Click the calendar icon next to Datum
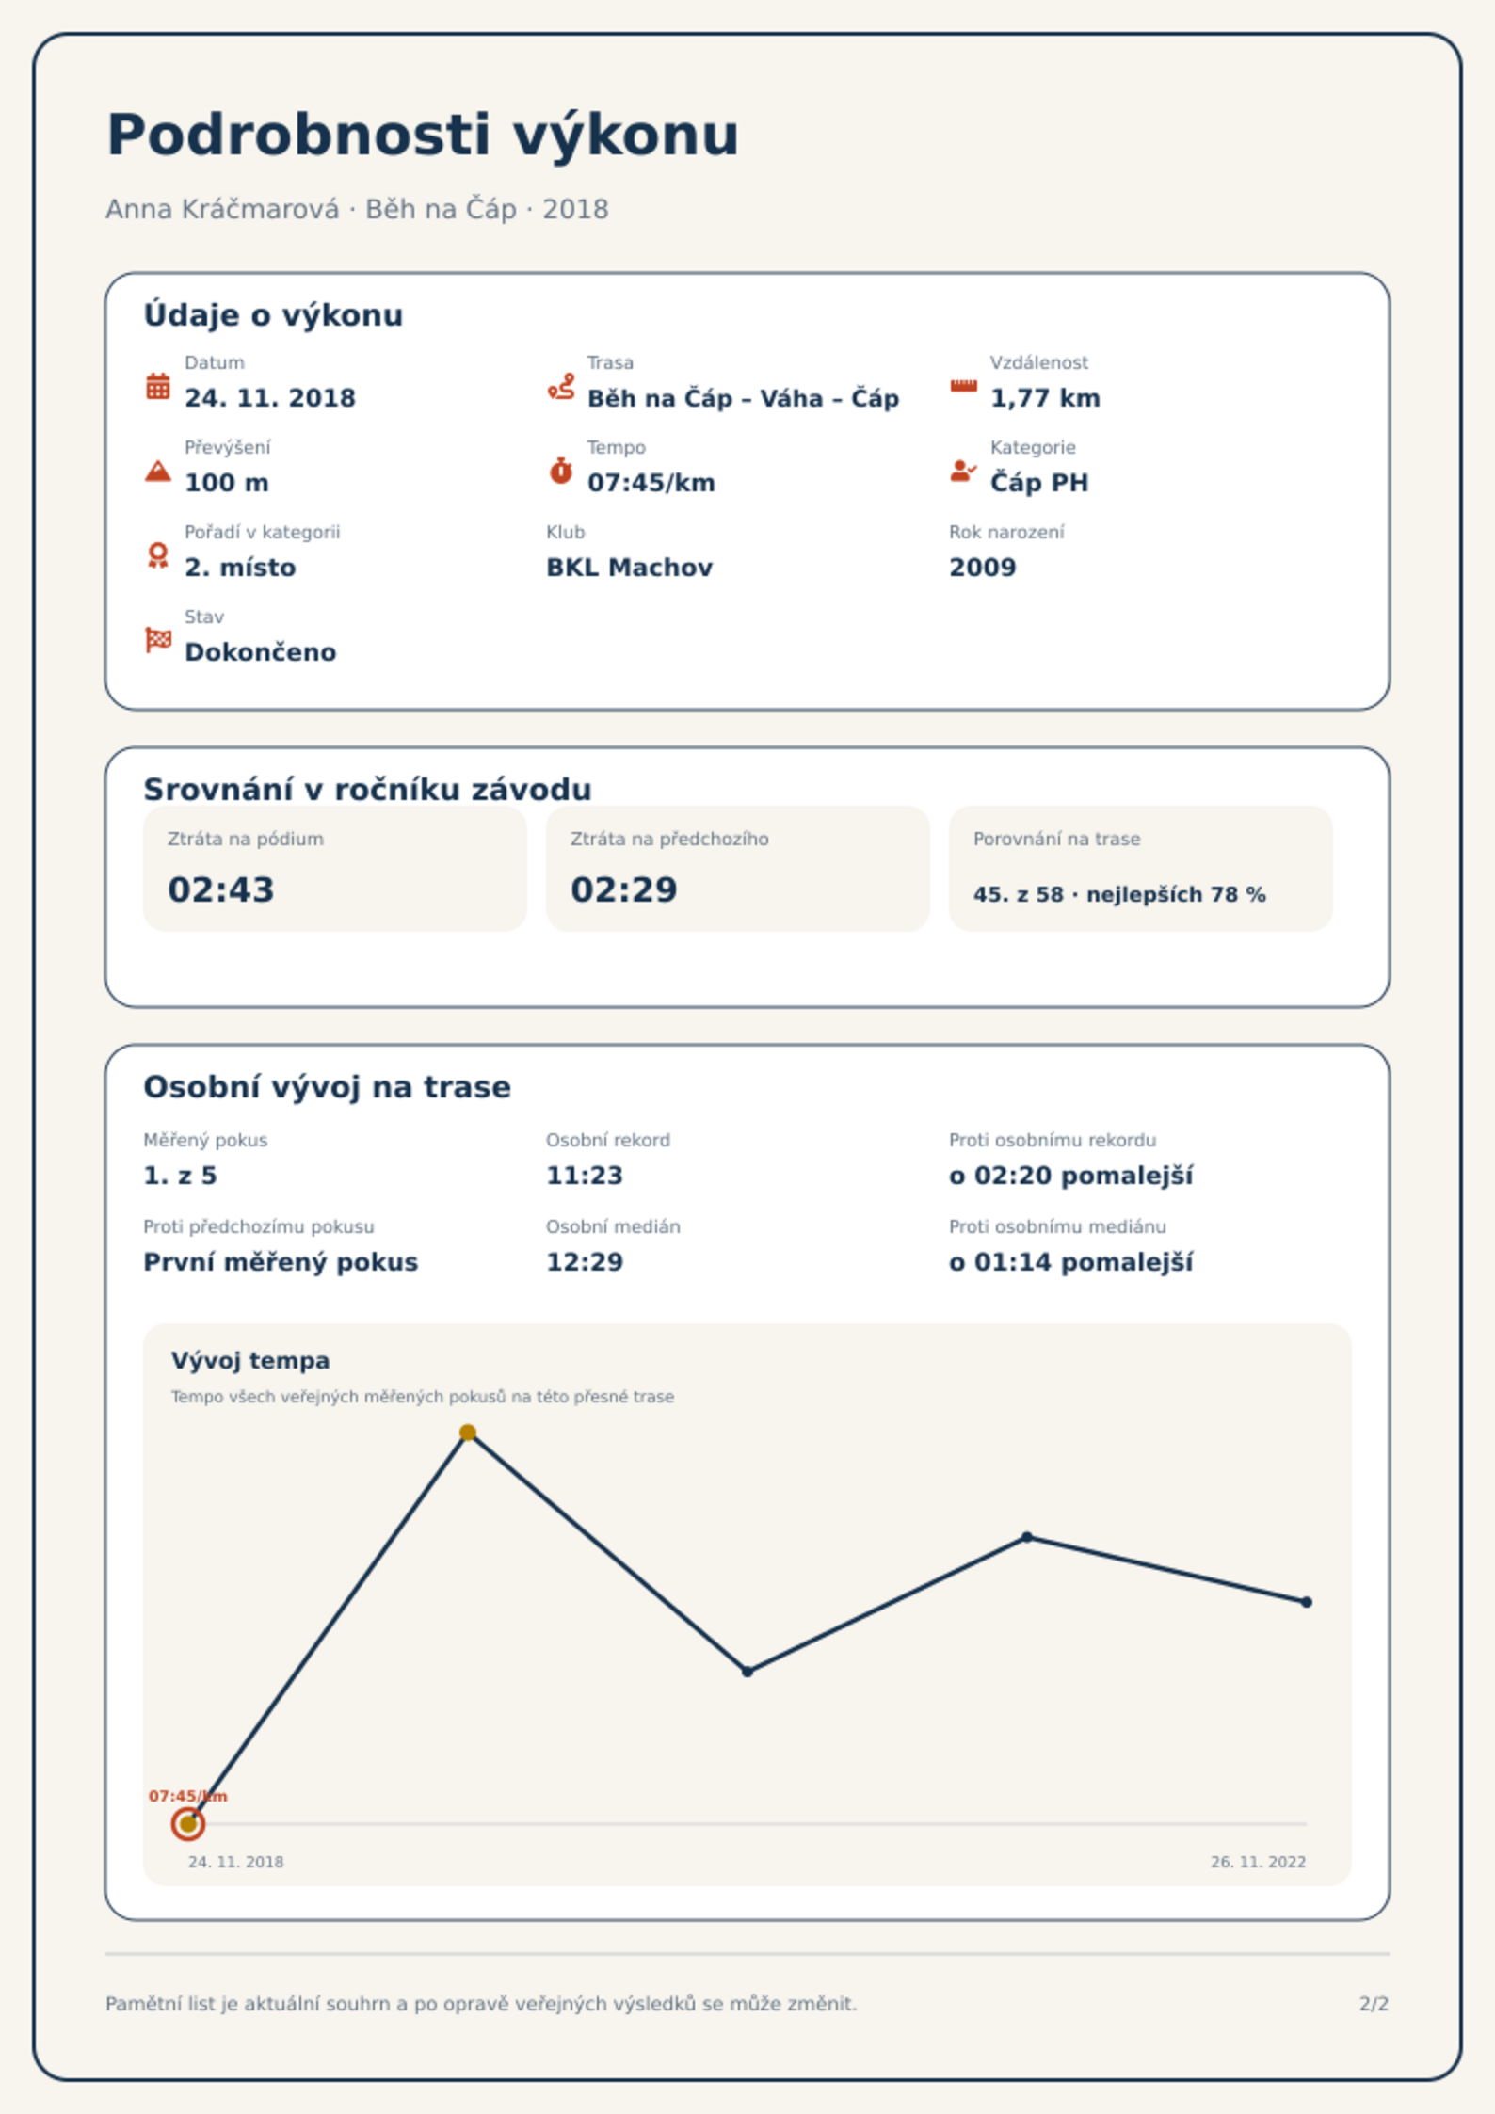click(x=158, y=386)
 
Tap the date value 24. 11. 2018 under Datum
click(x=270, y=398)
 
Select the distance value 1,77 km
click(x=1045, y=398)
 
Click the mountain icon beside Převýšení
click(x=158, y=471)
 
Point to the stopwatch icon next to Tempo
click(x=561, y=471)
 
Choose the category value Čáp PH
click(x=1039, y=483)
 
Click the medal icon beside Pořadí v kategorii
click(x=158, y=555)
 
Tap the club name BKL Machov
click(x=630, y=568)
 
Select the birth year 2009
click(x=983, y=568)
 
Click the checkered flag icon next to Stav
click(x=158, y=640)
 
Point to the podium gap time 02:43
click(x=221, y=889)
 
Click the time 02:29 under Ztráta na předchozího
click(x=624, y=889)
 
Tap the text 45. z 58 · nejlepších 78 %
click(x=1119, y=894)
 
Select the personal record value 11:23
click(x=585, y=1176)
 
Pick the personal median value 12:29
click(x=585, y=1262)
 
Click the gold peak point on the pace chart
click(x=468, y=1433)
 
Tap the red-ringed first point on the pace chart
click(x=188, y=1824)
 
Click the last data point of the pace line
click(x=1307, y=1602)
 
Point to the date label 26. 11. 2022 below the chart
click(x=1258, y=1862)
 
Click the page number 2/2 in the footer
click(x=1374, y=2004)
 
